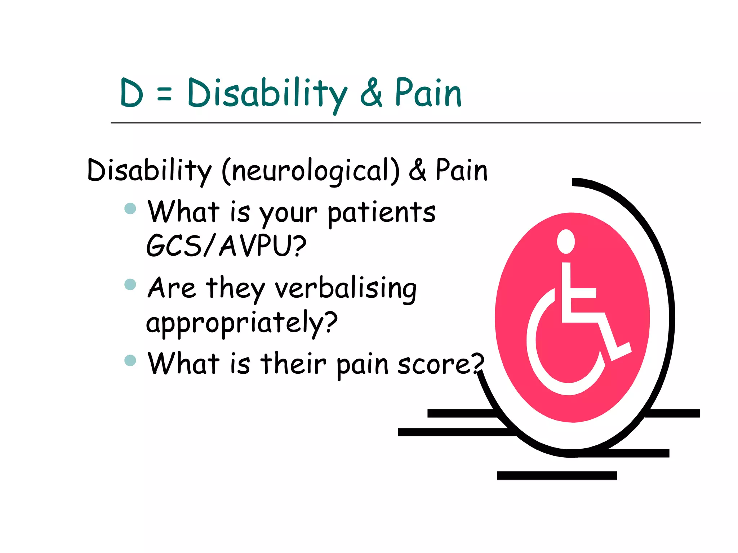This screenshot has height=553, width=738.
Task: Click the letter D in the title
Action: (x=132, y=93)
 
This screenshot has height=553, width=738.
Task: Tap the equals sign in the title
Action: (x=164, y=94)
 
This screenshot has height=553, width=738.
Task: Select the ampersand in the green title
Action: (x=371, y=93)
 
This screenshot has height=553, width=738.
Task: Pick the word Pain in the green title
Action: (x=428, y=93)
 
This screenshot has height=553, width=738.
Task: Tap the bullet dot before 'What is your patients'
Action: (x=130, y=208)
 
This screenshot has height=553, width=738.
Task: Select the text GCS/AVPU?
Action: (x=226, y=246)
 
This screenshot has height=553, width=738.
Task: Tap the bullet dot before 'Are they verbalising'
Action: (x=130, y=284)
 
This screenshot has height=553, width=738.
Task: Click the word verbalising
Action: (x=346, y=289)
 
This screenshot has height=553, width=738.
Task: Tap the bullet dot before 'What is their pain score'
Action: (x=130, y=360)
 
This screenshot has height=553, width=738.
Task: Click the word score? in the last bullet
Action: (x=440, y=364)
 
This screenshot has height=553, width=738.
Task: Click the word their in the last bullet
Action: (x=293, y=364)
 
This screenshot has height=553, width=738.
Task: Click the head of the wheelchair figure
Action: (x=566, y=242)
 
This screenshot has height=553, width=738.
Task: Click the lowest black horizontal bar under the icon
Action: (x=556, y=476)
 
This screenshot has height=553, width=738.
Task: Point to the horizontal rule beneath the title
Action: (x=405, y=123)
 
